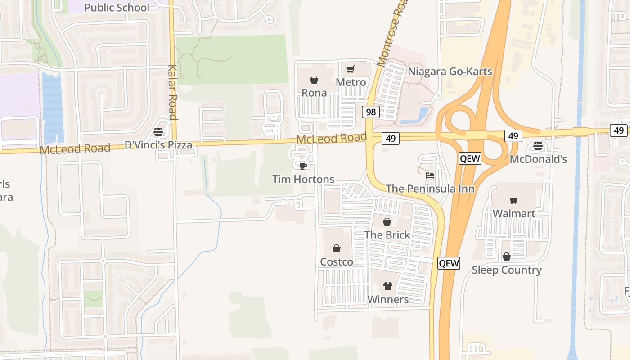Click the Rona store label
(x=314, y=93)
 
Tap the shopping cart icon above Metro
(x=351, y=69)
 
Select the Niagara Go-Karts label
(x=450, y=72)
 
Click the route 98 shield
(x=371, y=112)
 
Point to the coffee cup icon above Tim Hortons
(x=303, y=166)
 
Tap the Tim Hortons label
(x=303, y=179)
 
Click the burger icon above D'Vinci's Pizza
(x=158, y=132)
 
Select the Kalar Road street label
(x=172, y=93)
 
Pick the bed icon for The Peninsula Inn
(x=430, y=175)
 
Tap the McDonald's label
(x=538, y=159)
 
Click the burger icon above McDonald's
(x=538, y=146)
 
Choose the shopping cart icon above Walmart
(x=513, y=200)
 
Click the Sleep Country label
(x=506, y=270)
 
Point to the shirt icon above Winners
(x=388, y=286)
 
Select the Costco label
(x=337, y=261)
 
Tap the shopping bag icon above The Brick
(x=387, y=221)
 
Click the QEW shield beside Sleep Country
(x=449, y=263)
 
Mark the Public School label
(x=117, y=8)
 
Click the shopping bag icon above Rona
(x=314, y=80)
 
